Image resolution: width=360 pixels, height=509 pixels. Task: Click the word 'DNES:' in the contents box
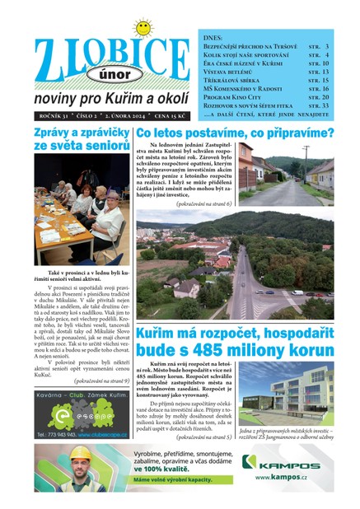[x=213, y=38]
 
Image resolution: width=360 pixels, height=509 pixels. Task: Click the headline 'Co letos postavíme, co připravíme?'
[x=235, y=133]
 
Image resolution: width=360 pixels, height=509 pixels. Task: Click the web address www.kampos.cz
[x=285, y=478]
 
